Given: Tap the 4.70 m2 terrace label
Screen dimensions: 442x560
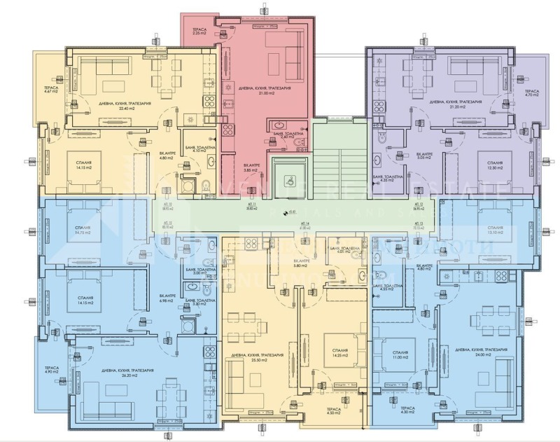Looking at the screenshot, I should click(532, 94).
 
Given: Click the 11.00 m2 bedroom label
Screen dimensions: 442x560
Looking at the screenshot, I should click(400, 354).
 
